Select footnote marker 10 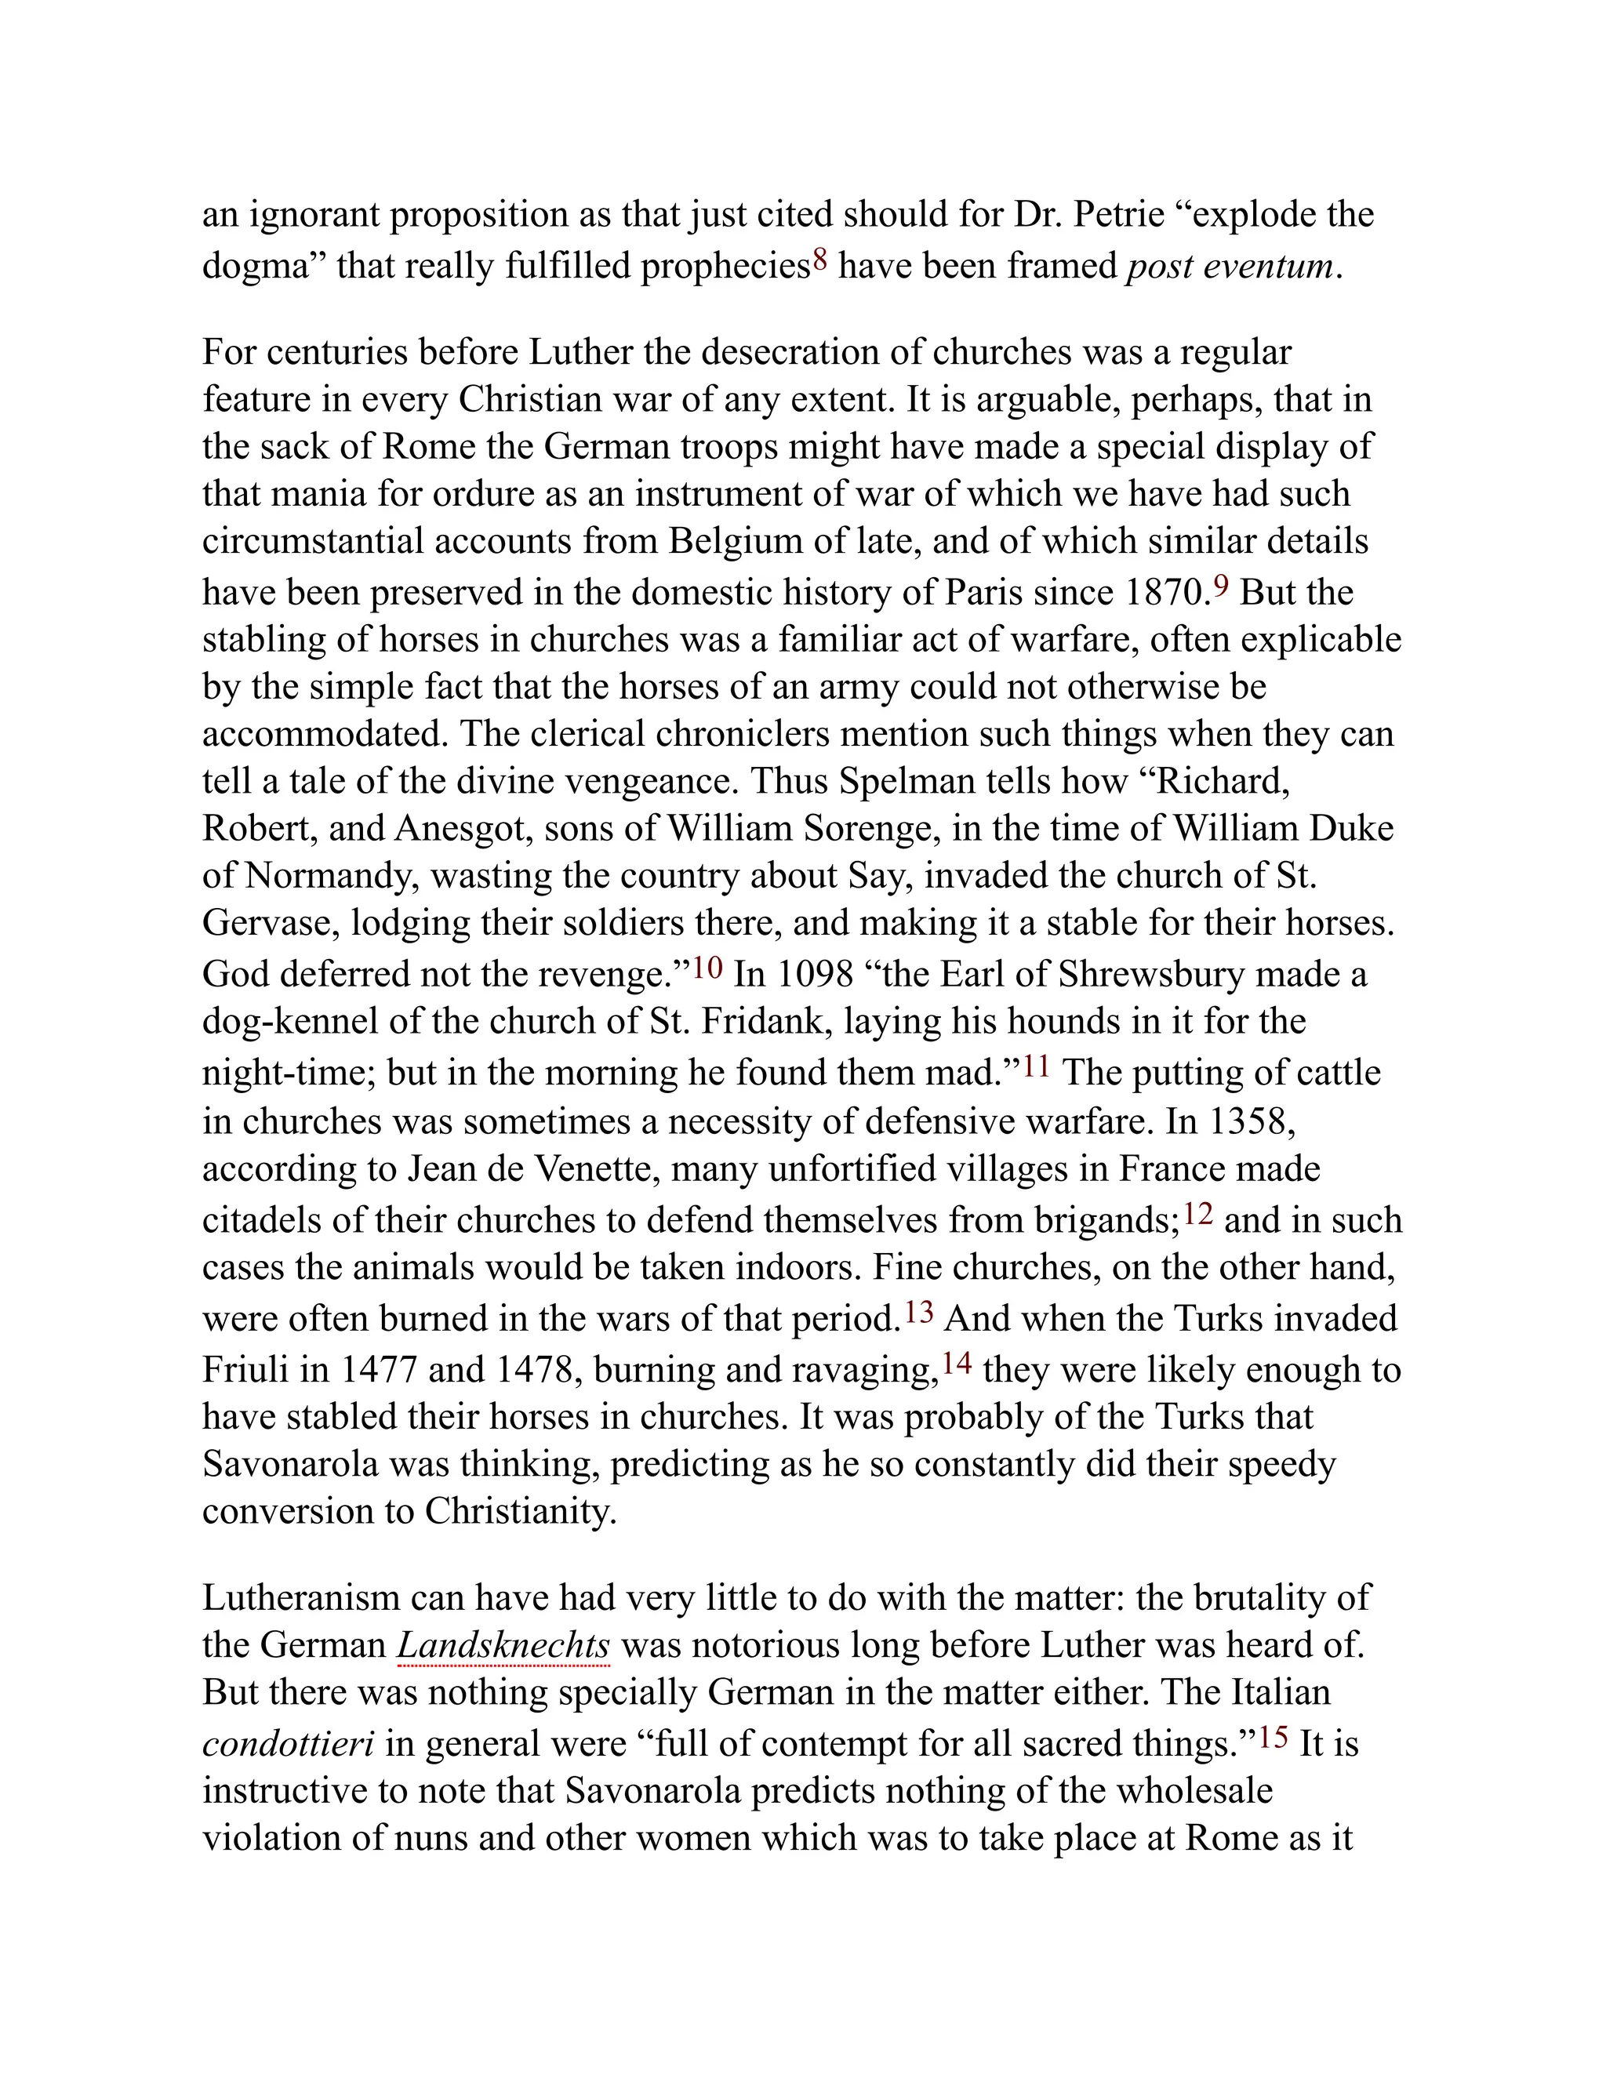point(707,968)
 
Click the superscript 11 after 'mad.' point(1036,1066)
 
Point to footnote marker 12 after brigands point(1199,1213)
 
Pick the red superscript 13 point(919,1312)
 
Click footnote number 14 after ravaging point(957,1363)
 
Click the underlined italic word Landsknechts point(503,1645)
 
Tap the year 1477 point(379,1369)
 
